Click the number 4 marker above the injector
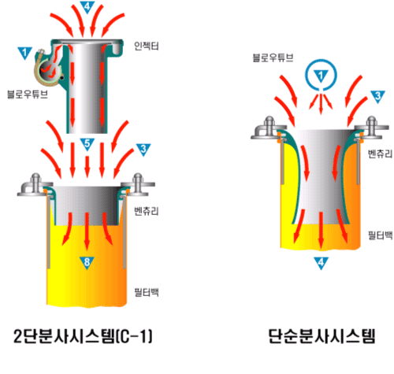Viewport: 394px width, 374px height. (x=87, y=7)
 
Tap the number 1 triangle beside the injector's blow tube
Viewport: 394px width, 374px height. (x=25, y=53)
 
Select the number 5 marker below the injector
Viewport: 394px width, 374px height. (x=87, y=144)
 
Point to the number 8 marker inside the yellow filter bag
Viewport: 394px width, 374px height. (x=87, y=262)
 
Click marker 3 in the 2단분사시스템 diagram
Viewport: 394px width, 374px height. (x=143, y=150)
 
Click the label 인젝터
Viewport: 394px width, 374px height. (x=147, y=46)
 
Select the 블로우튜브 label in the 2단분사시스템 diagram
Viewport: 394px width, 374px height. (x=28, y=94)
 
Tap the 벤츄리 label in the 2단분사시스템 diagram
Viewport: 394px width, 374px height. (x=147, y=211)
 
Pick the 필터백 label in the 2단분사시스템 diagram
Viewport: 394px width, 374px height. (x=147, y=292)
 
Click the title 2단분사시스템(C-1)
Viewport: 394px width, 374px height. (x=83, y=336)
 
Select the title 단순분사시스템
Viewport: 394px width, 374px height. (x=322, y=336)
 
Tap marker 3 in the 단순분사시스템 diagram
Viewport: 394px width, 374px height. (x=377, y=96)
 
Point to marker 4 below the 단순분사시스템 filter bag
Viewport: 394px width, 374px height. (x=321, y=262)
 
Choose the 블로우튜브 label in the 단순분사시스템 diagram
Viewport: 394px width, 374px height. (x=273, y=57)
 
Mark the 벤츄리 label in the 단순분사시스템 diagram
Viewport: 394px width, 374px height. (x=380, y=154)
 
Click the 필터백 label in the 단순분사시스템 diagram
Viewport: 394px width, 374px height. (x=380, y=235)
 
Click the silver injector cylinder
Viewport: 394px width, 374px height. (x=87, y=87)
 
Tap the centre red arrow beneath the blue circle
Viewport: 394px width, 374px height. (x=321, y=105)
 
